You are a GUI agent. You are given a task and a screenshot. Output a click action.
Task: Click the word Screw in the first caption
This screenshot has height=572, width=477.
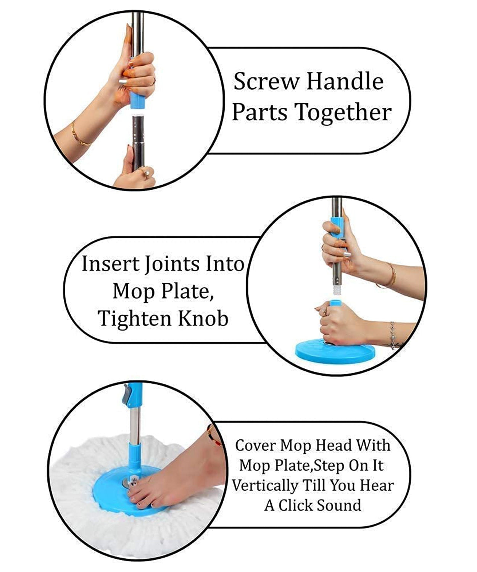tap(266, 81)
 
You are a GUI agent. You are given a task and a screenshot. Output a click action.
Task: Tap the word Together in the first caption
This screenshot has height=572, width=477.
tap(343, 112)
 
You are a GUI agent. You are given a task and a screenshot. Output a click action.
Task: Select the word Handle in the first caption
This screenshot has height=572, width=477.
tap(345, 81)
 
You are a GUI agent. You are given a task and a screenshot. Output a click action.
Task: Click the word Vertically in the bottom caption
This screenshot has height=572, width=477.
tap(265, 486)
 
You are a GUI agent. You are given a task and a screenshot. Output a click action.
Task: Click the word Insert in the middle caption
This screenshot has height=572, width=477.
tap(111, 264)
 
